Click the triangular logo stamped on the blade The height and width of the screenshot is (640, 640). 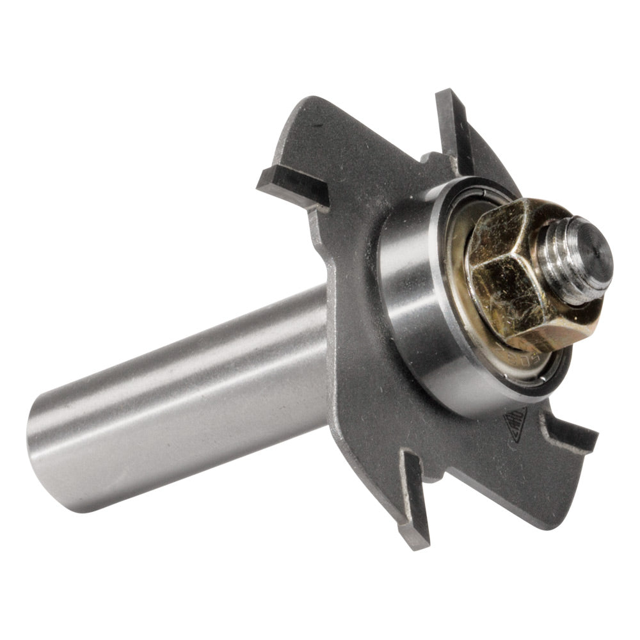pos(515,423)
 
